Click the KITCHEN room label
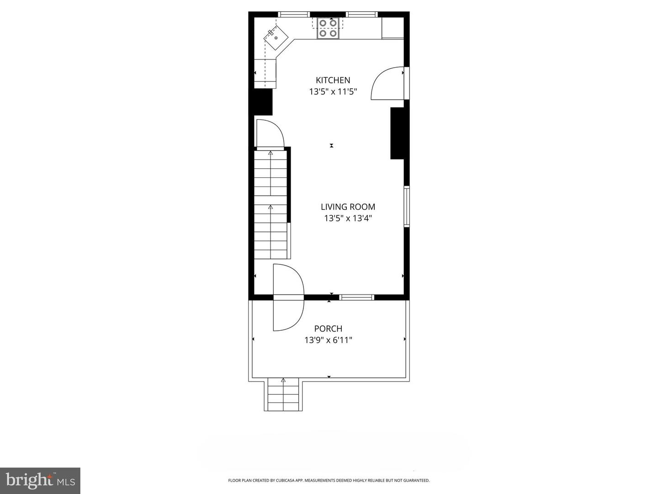coord(333,80)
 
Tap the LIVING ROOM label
coord(348,207)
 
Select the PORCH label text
coord(328,328)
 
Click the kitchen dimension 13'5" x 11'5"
coord(333,91)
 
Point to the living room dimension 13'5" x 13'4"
coord(348,218)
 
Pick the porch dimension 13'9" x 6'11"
coord(328,340)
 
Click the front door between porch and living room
coord(288,297)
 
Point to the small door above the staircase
coord(270,134)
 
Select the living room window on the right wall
coord(406,206)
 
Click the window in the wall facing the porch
coord(357,297)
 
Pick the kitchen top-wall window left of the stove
coord(294,15)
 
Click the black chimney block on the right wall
coord(397,133)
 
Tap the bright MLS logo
coord(40,480)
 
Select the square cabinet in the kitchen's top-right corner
coord(393,28)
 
